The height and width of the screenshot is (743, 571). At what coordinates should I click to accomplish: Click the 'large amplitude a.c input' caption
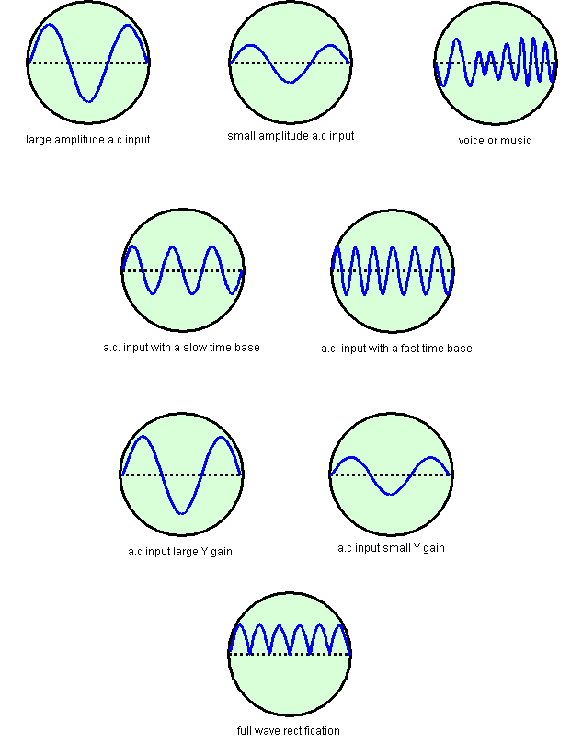click(88, 140)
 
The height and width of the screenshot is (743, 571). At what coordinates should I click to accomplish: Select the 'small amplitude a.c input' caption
click(291, 136)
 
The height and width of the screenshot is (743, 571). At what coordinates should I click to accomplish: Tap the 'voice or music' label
click(495, 141)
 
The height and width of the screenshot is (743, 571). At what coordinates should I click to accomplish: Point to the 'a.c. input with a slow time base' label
click(181, 348)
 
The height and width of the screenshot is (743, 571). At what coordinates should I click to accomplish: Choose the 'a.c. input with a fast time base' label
click(395, 349)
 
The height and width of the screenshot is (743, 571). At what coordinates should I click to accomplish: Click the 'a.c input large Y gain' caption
click(180, 552)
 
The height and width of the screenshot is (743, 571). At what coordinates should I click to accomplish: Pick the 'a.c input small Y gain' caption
click(391, 548)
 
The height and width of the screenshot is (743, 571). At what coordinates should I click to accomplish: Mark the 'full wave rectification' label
click(289, 731)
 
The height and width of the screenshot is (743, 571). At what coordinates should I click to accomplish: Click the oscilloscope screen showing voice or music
click(496, 63)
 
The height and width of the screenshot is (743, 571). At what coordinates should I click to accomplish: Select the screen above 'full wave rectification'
click(290, 654)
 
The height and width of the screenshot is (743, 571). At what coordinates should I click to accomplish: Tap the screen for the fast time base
click(393, 271)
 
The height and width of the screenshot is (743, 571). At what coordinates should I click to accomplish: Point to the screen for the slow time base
click(183, 271)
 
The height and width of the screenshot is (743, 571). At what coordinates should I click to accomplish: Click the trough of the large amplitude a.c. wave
click(88, 100)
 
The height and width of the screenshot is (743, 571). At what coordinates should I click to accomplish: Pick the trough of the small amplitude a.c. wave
click(291, 82)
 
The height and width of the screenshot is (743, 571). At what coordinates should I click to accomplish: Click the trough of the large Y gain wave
click(182, 512)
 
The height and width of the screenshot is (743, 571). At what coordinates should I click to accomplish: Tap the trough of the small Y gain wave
click(391, 494)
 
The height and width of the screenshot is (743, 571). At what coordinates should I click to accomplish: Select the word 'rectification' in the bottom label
click(311, 731)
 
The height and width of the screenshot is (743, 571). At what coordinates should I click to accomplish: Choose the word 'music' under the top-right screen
click(516, 141)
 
